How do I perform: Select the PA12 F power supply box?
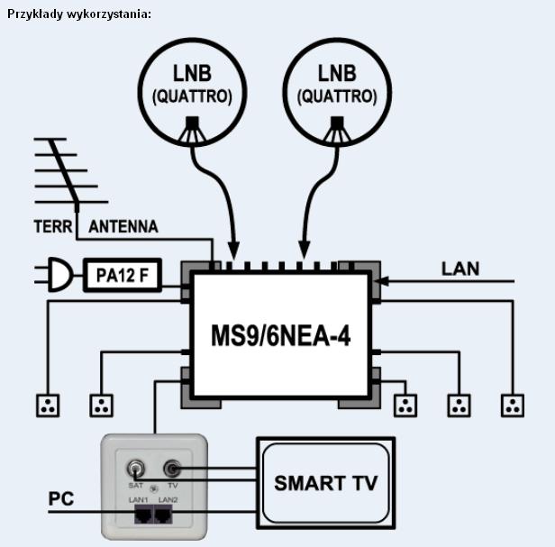(x=122, y=275)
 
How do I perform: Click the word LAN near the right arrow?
(x=459, y=268)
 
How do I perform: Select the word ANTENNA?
(x=123, y=227)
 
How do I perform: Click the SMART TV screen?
(x=325, y=482)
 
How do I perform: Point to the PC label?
(x=61, y=498)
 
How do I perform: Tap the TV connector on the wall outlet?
(x=172, y=469)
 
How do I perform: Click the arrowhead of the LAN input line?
(x=379, y=282)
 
